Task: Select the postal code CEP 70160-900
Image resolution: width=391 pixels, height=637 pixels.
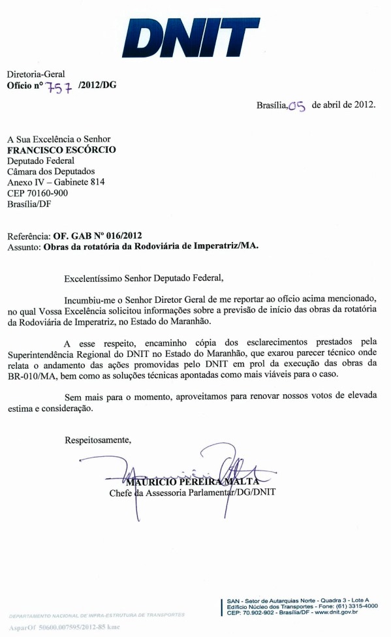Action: (38, 193)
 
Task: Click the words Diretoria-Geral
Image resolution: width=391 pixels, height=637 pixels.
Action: (36, 74)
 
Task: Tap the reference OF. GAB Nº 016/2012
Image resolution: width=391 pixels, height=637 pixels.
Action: (98, 236)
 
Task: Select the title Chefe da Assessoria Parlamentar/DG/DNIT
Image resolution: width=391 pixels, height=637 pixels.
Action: (192, 493)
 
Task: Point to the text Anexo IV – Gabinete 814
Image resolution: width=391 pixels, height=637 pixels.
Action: (55, 182)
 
